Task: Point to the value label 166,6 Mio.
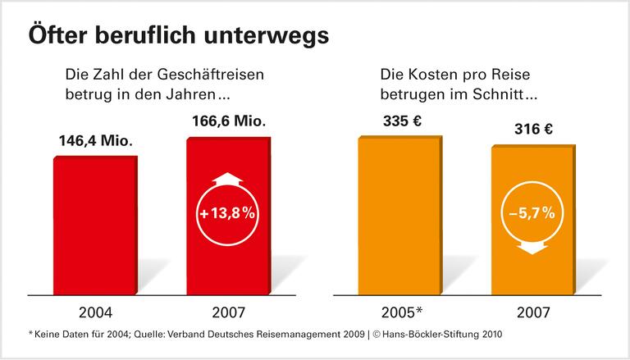(227, 121)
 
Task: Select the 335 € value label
(402, 122)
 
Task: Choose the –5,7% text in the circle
(531, 215)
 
